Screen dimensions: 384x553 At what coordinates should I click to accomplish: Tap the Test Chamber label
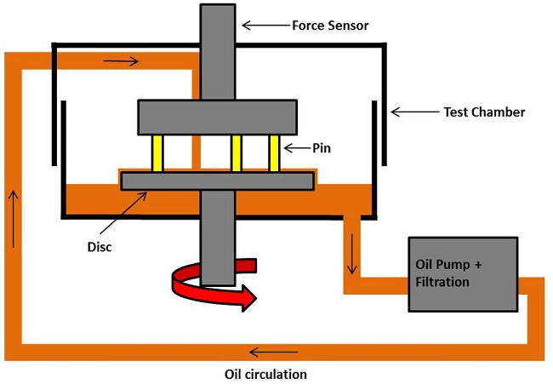[x=484, y=112]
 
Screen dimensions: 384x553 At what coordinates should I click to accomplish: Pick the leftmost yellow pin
[x=157, y=153]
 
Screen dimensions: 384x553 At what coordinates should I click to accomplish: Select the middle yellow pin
[x=237, y=153]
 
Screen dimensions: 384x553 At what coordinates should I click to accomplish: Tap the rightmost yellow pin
[x=274, y=153]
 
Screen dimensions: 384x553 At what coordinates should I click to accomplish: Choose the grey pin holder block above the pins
[x=217, y=117]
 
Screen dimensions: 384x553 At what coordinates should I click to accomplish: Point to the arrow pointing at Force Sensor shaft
[x=266, y=25]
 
